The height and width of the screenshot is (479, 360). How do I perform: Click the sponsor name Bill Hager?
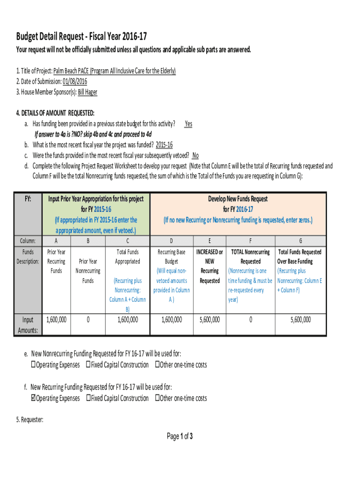(x=87, y=92)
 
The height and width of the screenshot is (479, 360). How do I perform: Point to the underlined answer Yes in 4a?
(x=188, y=124)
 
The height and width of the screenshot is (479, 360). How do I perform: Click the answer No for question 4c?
(x=195, y=156)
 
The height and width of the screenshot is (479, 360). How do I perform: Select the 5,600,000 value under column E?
(x=209, y=320)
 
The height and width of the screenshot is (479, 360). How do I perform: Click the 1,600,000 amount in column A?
(x=56, y=320)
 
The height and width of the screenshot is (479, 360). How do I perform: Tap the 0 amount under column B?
(x=88, y=320)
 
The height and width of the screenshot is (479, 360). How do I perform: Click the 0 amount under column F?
(x=251, y=320)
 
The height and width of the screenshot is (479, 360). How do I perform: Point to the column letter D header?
(x=171, y=241)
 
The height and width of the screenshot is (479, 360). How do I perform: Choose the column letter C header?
(x=127, y=241)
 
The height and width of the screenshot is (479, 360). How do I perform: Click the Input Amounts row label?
(x=28, y=325)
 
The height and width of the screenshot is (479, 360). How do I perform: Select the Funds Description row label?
(x=28, y=257)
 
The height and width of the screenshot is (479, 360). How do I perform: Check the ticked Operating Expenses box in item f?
(x=33, y=399)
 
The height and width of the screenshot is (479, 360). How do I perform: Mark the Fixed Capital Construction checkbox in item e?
(x=88, y=365)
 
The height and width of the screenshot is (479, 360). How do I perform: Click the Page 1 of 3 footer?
(x=180, y=436)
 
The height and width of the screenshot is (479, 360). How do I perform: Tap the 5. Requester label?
(x=30, y=420)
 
